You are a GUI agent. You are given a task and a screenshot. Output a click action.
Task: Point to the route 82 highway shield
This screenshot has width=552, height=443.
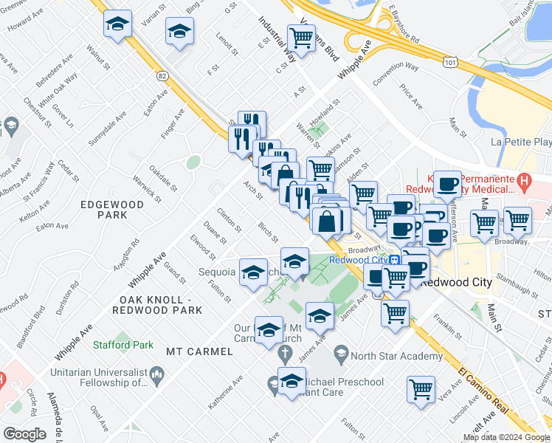[x=162, y=75]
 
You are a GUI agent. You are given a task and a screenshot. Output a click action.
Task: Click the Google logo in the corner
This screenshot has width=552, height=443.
[x=25, y=433]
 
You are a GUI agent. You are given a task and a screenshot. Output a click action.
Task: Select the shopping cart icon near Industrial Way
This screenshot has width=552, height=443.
[x=301, y=38]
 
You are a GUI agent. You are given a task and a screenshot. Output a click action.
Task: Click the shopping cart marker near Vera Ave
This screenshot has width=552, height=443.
[x=421, y=387]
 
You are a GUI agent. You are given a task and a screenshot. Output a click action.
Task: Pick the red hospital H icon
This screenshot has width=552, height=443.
[x=523, y=179]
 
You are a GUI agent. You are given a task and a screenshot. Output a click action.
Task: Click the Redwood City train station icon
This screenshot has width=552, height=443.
[x=396, y=260]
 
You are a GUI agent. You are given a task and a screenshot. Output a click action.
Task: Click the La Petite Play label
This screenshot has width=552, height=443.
[x=521, y=142]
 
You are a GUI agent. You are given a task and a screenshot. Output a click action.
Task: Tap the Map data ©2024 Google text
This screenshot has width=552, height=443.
[x=506, y=437]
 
